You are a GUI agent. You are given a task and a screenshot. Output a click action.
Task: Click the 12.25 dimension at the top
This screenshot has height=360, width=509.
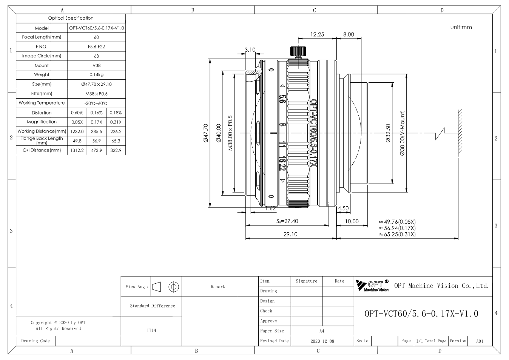pyautogui.click(x=317, y=34)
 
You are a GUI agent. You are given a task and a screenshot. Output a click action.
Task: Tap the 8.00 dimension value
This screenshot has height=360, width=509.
pyautogui.click(x=349, y=34)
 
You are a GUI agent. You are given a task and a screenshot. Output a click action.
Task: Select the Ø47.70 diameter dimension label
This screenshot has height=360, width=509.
pyautogui.click(x=206, y=133)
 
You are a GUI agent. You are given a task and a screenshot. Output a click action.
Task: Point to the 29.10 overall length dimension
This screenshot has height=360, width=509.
pyautogui.click(x=290, y=234)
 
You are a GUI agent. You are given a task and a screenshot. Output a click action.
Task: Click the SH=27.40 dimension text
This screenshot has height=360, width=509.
pyautogui.click(x=287, y=221)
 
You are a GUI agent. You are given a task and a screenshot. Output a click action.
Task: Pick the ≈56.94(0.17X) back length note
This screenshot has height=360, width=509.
pyautogui.click(x=397, y=228)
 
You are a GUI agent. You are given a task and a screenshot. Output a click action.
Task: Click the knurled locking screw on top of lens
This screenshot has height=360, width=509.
pyautogui.click(x=298, y=51)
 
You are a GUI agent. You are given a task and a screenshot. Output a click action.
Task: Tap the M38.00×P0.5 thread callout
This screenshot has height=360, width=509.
pyautogui.click(x=230, y=133)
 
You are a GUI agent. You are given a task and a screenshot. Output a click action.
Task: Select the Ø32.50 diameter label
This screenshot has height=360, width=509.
pyautogui.click(x=388, y=133)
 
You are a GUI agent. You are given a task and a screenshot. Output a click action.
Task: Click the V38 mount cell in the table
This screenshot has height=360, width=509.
pyautogui.click(x=97, y=65)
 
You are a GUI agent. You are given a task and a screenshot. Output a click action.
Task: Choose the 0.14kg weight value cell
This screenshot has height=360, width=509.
pyautogui.click(x=97, y=75)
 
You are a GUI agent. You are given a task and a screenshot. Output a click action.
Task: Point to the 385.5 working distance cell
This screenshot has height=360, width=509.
pyautogui.click(x=97, y=131)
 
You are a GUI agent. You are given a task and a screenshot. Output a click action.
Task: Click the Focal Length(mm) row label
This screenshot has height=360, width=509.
pyautogui.click(x=42, y=37)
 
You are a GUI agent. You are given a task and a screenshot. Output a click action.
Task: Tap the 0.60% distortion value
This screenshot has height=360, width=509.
pyautogui.click(x=77, y=113)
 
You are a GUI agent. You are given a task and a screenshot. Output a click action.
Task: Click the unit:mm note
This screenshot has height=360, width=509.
pyautogui.click(x=461, y=27)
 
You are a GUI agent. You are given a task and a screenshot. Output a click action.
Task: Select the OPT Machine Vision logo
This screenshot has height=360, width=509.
pyautogui.click(x=372, y=286)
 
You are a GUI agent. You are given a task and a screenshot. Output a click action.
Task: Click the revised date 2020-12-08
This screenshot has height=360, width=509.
pyautogui.click(x=322, y=341)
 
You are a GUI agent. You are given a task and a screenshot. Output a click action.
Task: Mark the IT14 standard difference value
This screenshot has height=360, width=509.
pyautogui.click(x=151, y=331)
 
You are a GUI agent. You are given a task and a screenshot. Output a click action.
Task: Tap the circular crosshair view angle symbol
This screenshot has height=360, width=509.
pyautogui.click(x=174, y=287)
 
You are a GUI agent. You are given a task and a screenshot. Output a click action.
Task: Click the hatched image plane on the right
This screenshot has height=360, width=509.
pyautogui.click(x=460, y=133)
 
